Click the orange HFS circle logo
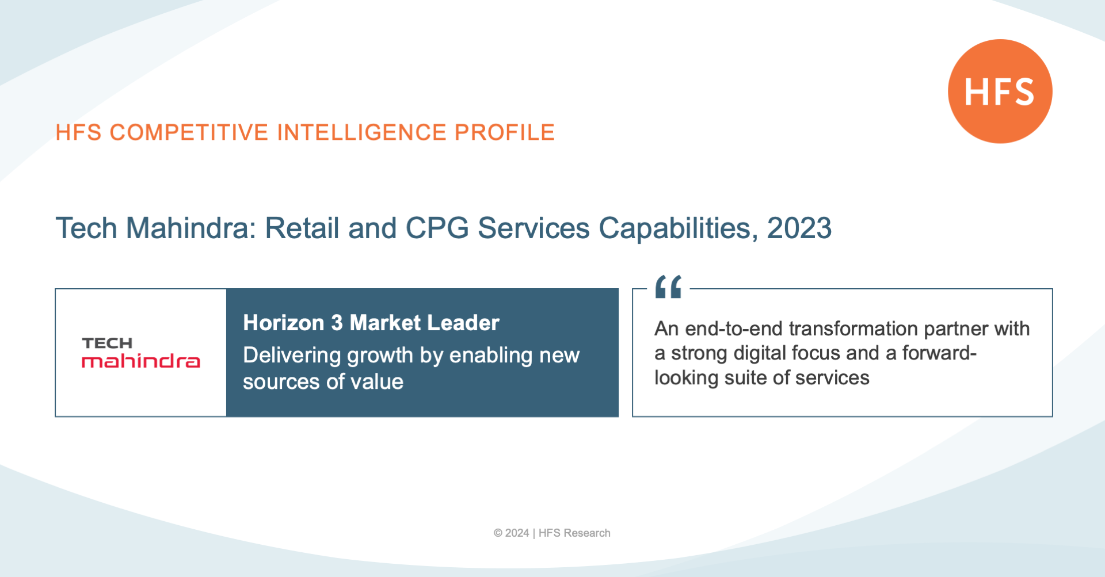[1000, 91]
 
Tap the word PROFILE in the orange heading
[505, 132]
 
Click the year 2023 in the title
[799, 228]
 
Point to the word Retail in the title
[302, 228]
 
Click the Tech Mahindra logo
[141, 352]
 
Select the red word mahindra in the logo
[141, 361]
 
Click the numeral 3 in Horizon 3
[337, 323]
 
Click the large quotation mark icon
[668, 286]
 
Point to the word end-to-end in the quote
[734, 328]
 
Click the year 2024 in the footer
[517, 533]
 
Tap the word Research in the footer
[587, 533]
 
